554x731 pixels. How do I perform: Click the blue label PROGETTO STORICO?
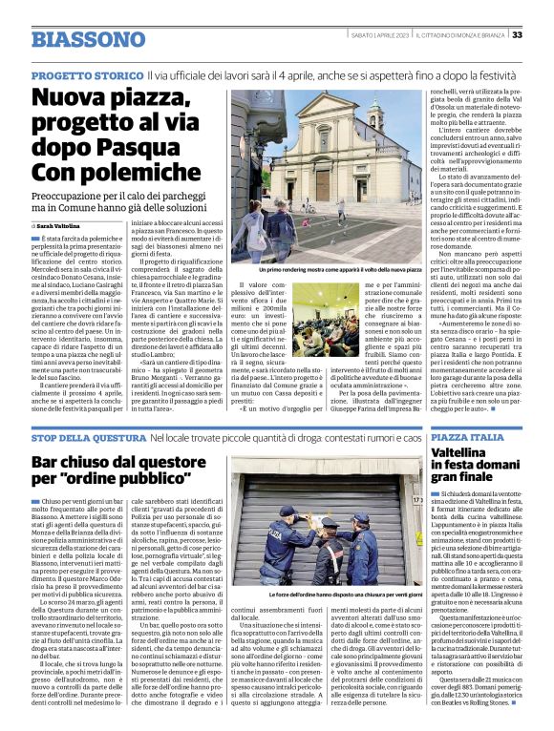click(x=86, y=75)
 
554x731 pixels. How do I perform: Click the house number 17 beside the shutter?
click(x=417, y=499)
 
